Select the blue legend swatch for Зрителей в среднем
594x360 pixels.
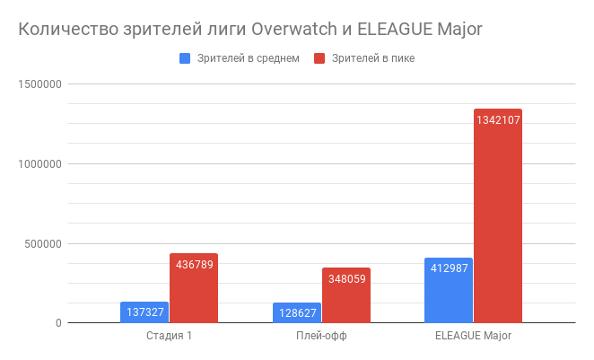pyautogui.click(x=186, y=58)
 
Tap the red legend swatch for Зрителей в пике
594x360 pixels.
pyautogui.click(x=319, y=58)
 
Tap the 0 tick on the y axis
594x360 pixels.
pyautogui.click(x=57, y=323)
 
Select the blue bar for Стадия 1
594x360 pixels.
pyautogui.click(x=144, y=313)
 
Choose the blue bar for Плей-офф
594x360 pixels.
pyautogui.click(x=296, y=314)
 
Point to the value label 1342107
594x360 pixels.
pyautogui.click(x=498, y=121)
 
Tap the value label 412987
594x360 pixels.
pyautogui.click(x=449, y=269)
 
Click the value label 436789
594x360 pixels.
pyautogui.click(x=194, y=265)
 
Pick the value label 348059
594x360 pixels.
pyautogui.click(x=346, y=279)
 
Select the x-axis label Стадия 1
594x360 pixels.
pyautogui.click(x=169, y=337)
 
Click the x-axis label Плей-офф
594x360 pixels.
pyautogui.click(x=321, y=337)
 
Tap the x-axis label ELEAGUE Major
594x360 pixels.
pyautogui.click(x=473, y=337)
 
